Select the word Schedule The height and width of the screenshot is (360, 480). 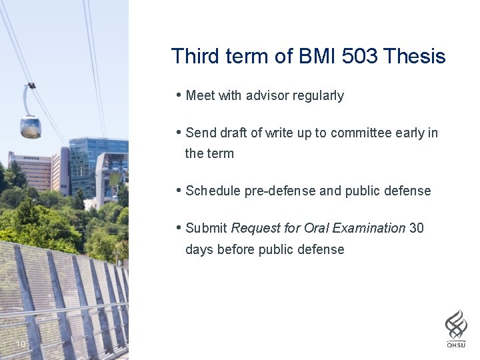[x=213, y=191]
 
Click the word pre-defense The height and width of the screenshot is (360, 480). [x=280, y=191]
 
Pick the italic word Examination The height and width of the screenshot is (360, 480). [x=369, y=228]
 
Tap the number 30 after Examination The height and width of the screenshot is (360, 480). [x=417, y=228]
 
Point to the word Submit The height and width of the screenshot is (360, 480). [x=207, y=228]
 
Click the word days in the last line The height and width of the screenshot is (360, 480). [x=199, y=249]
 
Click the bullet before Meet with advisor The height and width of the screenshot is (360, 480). [x=179, y=95]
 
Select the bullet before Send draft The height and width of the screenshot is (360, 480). [x=179, y=132]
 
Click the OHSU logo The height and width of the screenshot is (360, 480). [x=456, y=328]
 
